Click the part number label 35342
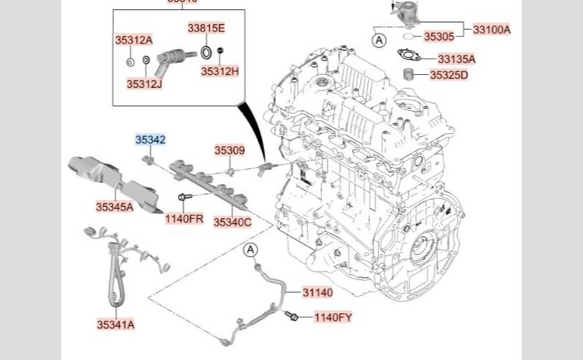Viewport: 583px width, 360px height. tap(150, 140)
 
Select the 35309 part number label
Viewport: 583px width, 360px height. tap(230, 150)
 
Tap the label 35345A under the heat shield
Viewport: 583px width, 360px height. tap(114, 207)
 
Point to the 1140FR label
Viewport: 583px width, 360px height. tap(184, 218)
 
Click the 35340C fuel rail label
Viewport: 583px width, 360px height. tap(232, 222)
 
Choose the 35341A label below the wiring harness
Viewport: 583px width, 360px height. tap(116, 325)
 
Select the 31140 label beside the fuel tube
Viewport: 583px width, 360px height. tap(317, 292)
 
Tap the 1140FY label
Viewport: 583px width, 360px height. tap(333, 318)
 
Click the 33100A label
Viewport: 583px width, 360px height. tap(492, 30)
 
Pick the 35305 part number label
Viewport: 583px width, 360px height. tap(439, 37)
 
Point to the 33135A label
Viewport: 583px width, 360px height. tap(456, 59)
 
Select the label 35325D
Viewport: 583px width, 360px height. tap(449, 75)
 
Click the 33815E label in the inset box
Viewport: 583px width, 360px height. tap(207, 28)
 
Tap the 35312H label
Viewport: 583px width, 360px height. tap(220, 71)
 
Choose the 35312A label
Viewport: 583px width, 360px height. tap(134, 40)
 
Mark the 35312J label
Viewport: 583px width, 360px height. tap(145, 84)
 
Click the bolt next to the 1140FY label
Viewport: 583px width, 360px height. tap(291, 316)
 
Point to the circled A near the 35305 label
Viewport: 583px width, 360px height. tap(379, 40)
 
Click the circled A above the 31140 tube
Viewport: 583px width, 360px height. tap(250, 250)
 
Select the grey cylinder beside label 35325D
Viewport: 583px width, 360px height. tap(409, 73)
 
